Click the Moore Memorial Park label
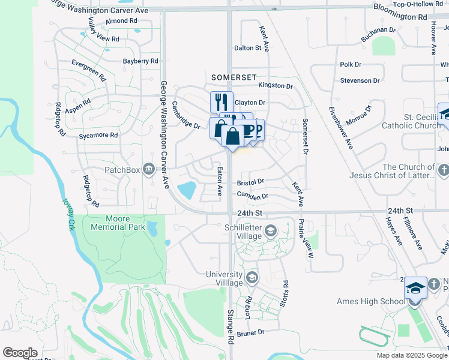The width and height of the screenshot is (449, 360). [117, 223]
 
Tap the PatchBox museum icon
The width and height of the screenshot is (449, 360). [148, 170]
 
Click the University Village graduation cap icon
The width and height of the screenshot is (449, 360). [252, 277]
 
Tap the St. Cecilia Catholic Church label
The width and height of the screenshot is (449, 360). [414, 121]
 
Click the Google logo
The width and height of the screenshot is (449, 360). [20, 353]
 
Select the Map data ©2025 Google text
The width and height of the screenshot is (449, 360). [412, 355]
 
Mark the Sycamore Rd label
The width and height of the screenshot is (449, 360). [98, 136]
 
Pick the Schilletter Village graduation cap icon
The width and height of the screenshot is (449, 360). [270, 230]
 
